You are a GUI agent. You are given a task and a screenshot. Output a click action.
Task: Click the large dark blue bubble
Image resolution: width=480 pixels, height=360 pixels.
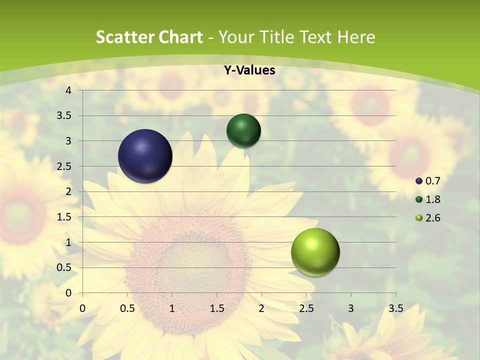[x=145, y=156]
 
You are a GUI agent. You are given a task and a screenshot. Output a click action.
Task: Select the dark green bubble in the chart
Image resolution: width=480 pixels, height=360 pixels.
[x=243, y=130]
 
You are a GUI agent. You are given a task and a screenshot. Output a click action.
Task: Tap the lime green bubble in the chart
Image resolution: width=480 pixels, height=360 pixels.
[x=315, y=252]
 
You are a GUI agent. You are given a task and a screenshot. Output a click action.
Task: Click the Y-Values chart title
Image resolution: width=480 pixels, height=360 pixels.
[x=249, y=70]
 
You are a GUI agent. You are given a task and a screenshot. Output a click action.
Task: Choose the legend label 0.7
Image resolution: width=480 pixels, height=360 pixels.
[x=432, y=181]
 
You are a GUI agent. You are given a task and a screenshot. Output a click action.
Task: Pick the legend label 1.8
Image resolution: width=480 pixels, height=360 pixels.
[x=432, y=199]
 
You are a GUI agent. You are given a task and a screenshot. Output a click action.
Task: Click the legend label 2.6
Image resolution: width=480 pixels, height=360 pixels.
[x=432, y=218]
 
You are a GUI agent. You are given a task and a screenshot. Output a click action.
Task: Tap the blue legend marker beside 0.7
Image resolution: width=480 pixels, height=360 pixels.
[x=419, y=181]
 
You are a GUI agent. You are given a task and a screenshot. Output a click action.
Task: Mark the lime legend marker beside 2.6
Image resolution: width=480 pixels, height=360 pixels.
[x=419, y=218]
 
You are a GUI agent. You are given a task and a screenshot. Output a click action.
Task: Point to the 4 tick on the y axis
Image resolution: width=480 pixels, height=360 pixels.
[x=69, y=90]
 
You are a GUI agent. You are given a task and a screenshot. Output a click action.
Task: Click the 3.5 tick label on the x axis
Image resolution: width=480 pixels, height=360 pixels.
[x=395, y=308]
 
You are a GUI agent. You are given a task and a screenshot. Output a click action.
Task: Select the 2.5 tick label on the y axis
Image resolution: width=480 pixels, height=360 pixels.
[x=64, y=166]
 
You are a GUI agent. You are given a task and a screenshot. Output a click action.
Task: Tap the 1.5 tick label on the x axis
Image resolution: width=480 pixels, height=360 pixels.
[x=216, y=308]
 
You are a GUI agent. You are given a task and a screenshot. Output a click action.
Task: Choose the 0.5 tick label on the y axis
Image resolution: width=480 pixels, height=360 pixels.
[x=64, y=267]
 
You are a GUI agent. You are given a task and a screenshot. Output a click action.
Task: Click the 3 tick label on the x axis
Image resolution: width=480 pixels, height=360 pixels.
[x=351, y=308]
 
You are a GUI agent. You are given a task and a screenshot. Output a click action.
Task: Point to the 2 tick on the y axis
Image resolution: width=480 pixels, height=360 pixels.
[x=69, y=191]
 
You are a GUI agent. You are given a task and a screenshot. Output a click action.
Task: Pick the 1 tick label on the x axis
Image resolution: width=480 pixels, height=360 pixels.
[x=172, y=308]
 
